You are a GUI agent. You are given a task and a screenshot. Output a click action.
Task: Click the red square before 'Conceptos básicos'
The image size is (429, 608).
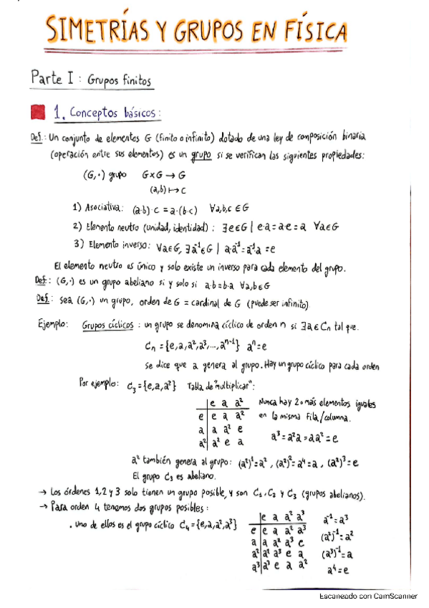(x=39, y=113)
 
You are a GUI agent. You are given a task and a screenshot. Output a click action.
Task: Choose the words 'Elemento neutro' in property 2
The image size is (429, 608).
(x=115, y=227)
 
